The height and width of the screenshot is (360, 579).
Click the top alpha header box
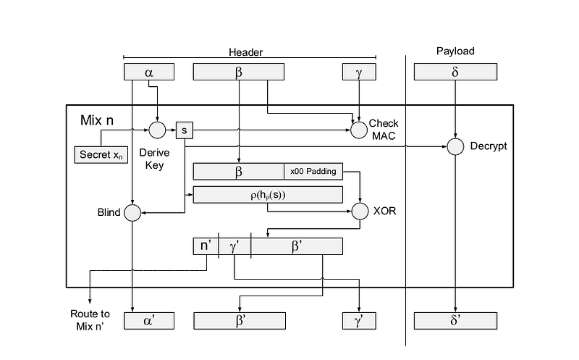(x=149, y=72)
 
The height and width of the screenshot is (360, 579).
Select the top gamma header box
(x=359, y=72)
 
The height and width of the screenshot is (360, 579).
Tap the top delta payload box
(x=455, y=72)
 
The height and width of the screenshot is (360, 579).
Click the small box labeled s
(x=185, y=130)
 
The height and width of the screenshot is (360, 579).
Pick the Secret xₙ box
(x=100, y=154)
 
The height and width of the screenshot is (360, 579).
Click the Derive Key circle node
(x=157, y=130)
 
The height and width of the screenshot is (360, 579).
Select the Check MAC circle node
(x=359, y=130)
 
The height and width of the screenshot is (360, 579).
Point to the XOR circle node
(x=360, y=212)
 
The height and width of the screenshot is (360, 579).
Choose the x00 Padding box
(x=313, y=172)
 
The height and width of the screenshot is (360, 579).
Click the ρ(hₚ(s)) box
(x=268, y=194)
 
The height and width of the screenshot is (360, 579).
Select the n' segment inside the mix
(x=205, y=246)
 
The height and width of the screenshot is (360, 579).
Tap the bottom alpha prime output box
(x=149, y=320)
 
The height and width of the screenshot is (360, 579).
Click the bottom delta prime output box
(x=455, y=320)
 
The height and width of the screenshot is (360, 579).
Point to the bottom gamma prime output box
(x=359, y=320)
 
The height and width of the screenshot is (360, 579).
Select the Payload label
(x=455, y=51)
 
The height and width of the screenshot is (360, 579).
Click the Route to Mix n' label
(x=90, y=319)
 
